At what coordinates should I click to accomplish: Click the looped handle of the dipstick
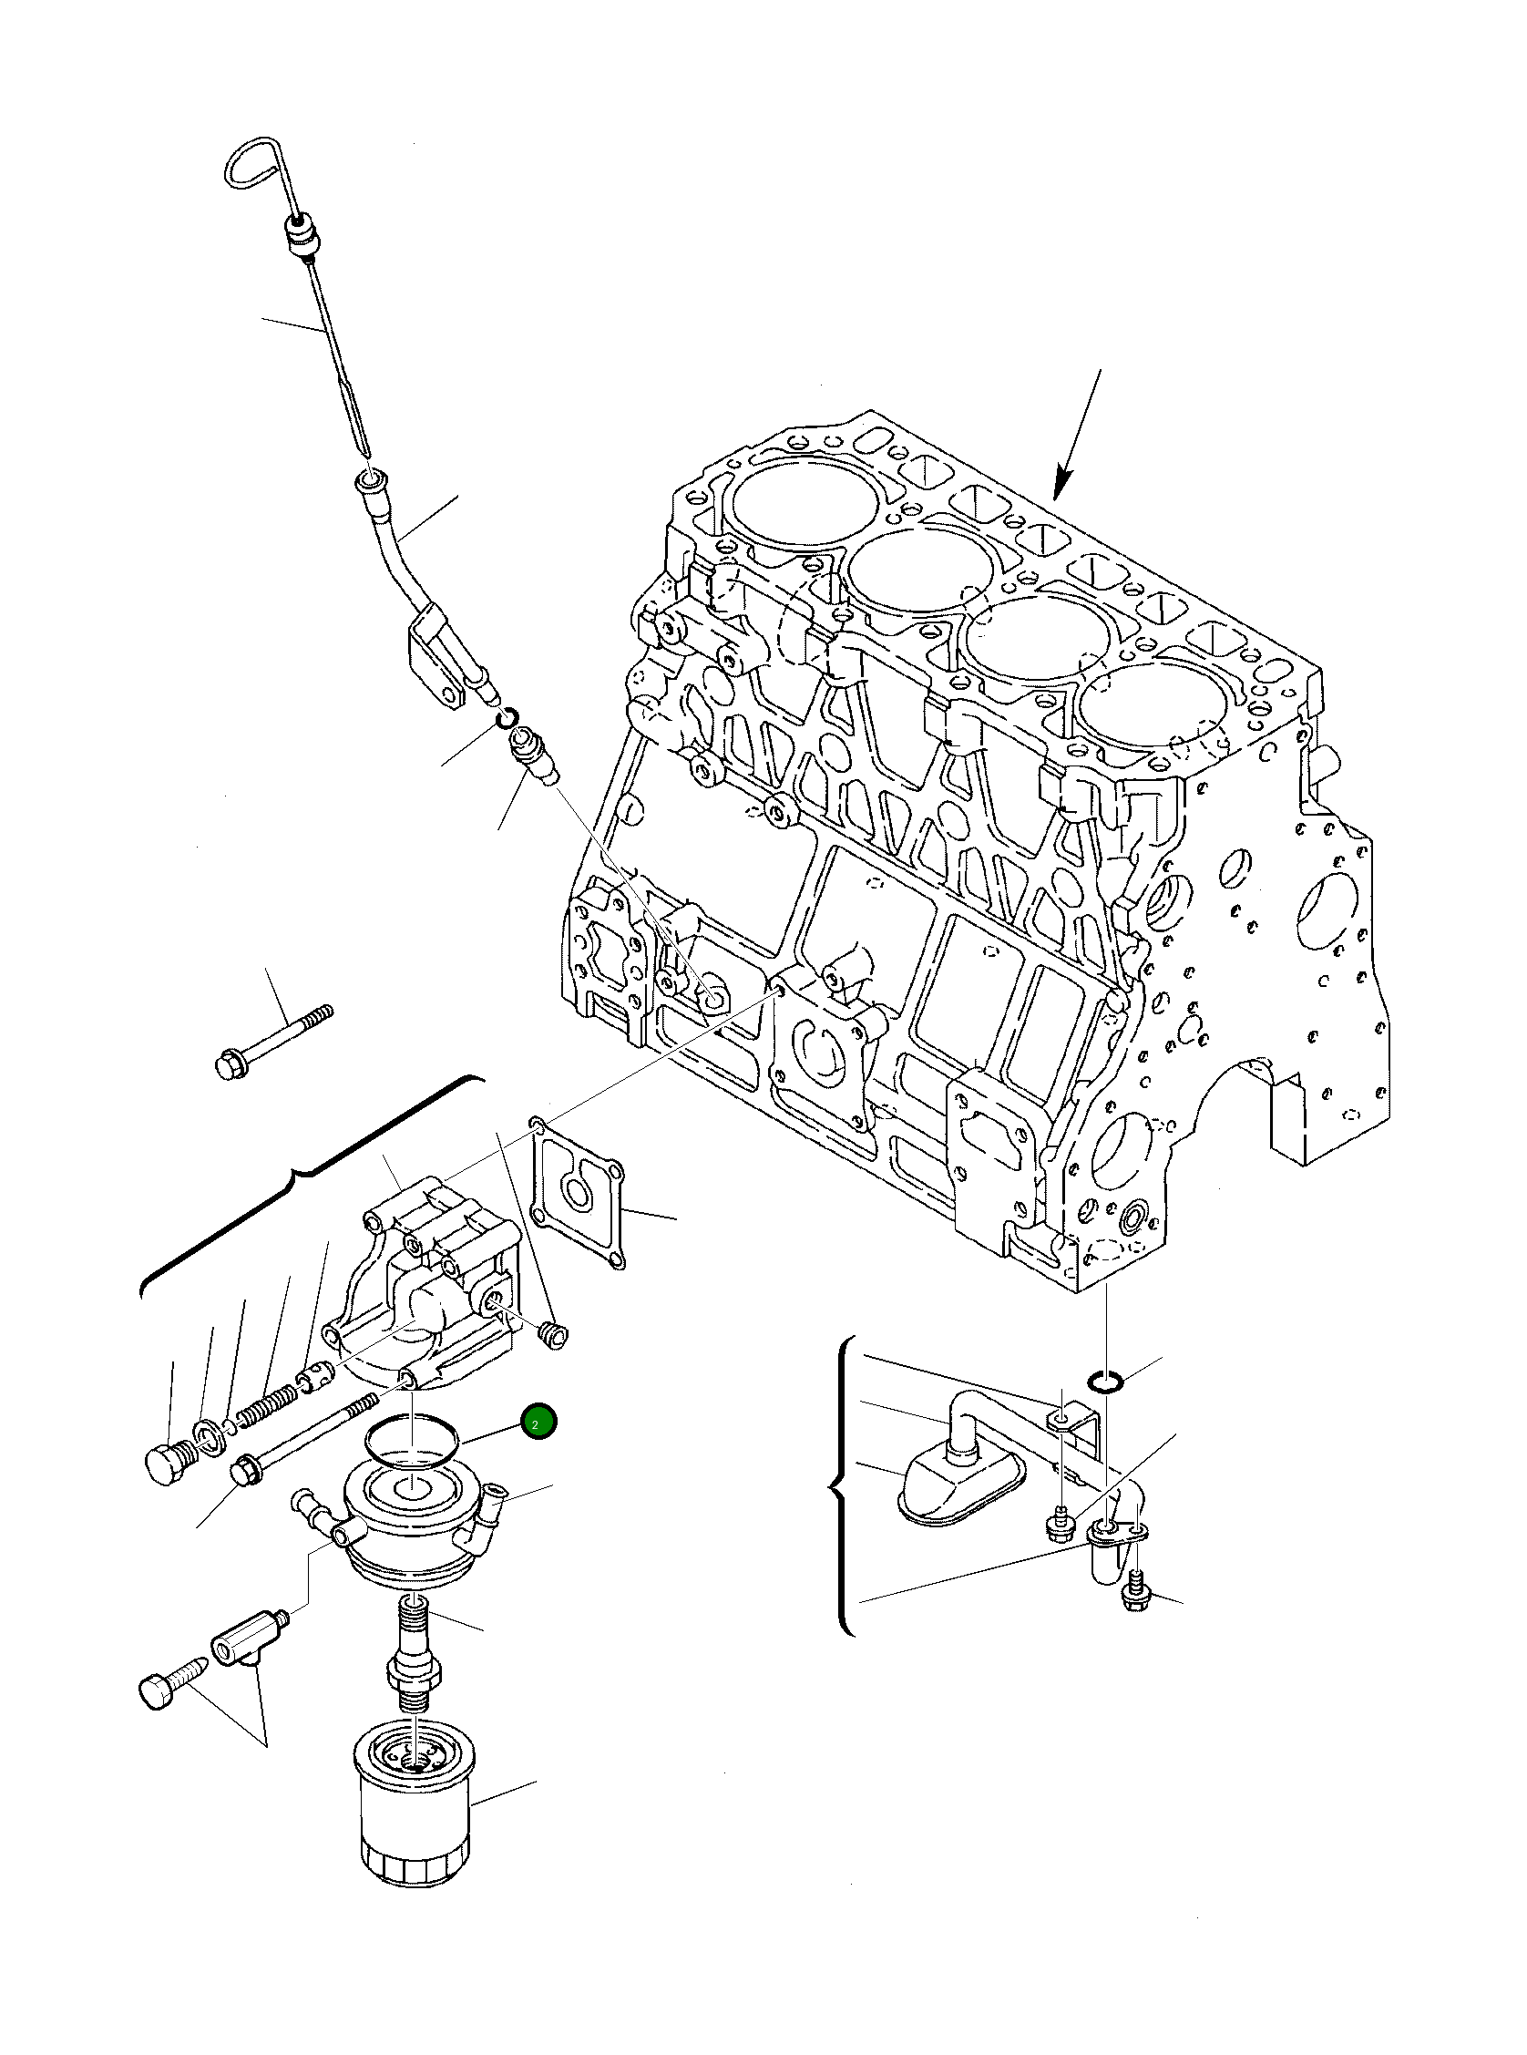click(x=255, y=165)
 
